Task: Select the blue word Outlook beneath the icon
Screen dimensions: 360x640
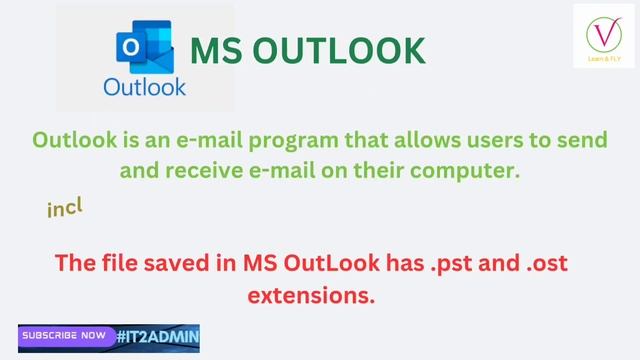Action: point(145,87)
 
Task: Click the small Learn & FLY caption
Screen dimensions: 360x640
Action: point(603,59)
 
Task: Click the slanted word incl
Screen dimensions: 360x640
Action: point(64,207)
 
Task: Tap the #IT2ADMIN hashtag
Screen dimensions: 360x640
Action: point(158,337)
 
